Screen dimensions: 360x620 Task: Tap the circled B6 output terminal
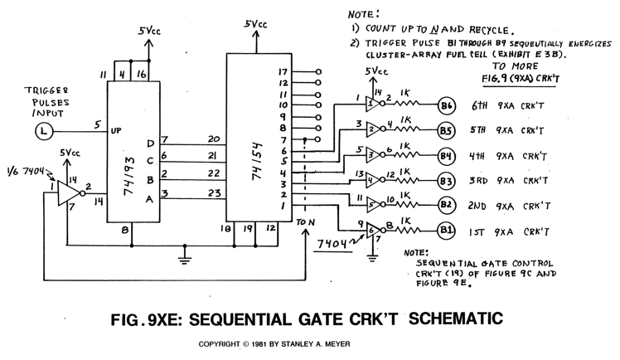click(x=448, y=105)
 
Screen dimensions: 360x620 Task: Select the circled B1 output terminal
click(x=448, y=229)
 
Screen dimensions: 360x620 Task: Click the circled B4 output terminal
click(x=448, y=156)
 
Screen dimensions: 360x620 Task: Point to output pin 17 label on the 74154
click(x=283, y=73)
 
